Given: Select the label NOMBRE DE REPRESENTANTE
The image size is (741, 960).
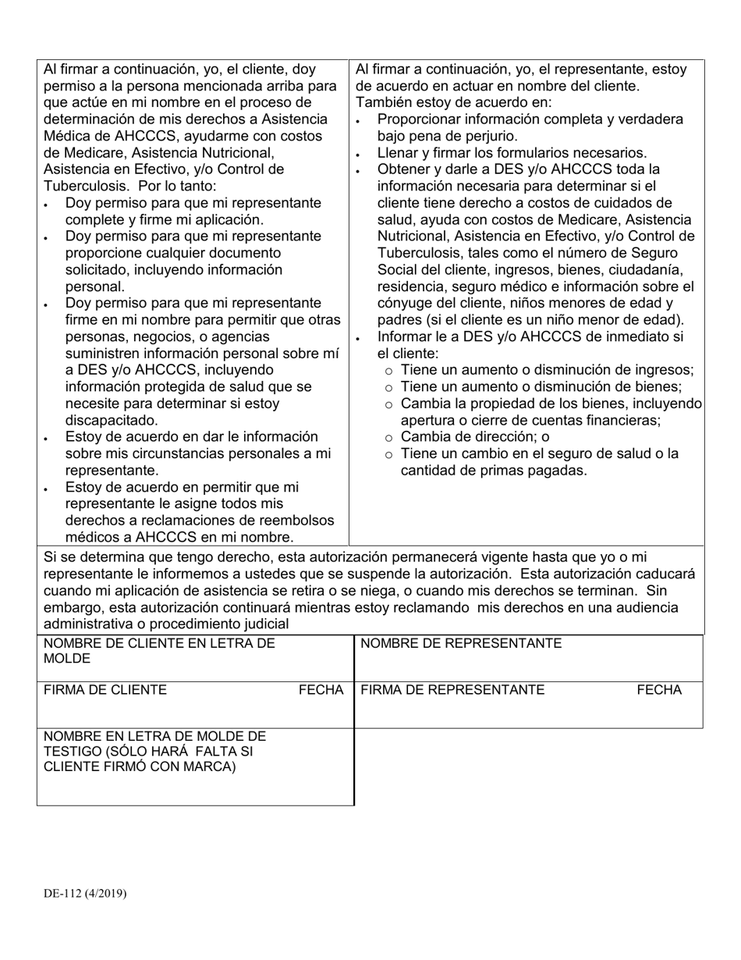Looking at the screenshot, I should tap(461, 643).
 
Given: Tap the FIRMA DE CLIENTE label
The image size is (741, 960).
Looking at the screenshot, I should tap(105, 690).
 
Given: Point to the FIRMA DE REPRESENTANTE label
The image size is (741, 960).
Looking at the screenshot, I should tap(452, 690).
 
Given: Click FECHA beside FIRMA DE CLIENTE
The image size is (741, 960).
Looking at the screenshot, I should tap(321, 690).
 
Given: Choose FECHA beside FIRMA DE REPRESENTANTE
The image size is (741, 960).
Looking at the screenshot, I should tap(659, 690).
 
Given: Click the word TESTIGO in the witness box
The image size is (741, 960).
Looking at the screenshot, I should tap(70, 751).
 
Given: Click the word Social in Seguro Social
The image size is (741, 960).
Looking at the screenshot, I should tap(397, 269).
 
